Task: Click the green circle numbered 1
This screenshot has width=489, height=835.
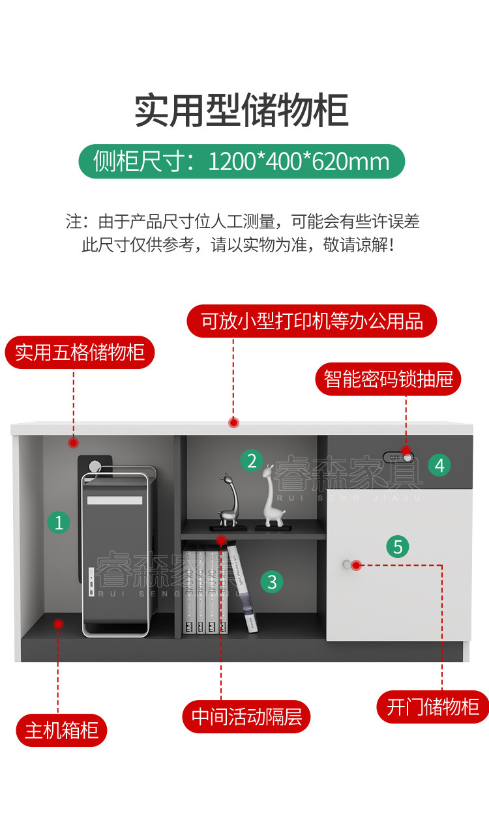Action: pyautogui.click(x=59, y=522)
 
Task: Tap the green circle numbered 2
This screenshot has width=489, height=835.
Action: pyautogui.click(x=252, y=461)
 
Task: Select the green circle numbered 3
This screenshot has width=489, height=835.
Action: pyautogui.click(x=272, y=581)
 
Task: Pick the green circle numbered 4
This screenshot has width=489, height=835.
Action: pyautogui.click(x=439, y=465)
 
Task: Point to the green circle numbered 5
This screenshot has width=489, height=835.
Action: pyautogui.click(x=398, y=546)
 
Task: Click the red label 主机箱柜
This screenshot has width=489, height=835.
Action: pyautogui.click(x=61, y=730)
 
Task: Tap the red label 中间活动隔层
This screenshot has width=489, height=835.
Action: pyautogui.click(x=246, y=717)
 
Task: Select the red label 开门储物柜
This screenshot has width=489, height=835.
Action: pyautogui.click(x=432, y=707)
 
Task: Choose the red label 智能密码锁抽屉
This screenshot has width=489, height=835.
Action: pyautogui.click(x=389, y=379)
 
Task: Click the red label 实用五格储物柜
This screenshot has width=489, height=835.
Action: pyautogui.click(x=80, y=353)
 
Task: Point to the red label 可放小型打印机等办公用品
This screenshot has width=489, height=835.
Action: pyautogui.click(x=312, y=321)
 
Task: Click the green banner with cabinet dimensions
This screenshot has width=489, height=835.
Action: pyautogui.click(x=241, y=161)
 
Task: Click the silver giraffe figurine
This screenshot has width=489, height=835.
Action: pyautogui.click(x=228, y=500)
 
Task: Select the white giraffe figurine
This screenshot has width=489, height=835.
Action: pyautogui.click(x=272, y=495)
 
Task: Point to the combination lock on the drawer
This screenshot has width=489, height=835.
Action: pyautogui.click(x=398, y=457)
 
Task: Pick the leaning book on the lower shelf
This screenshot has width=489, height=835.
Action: pyautogui.click(x=242, y=590)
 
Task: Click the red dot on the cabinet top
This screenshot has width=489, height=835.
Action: pyautogui.click(x=233, y=422)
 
